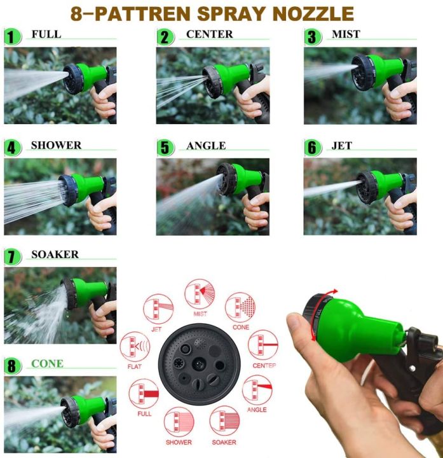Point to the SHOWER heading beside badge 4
click(56, 146)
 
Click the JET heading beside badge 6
click(341, 146)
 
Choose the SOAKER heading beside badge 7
click(55, 255)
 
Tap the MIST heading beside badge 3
click(346, 34)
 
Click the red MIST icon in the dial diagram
click(200, 294)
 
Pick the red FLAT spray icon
click(135, 347)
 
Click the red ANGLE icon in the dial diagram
click(257, 390)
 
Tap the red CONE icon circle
click(240, 307)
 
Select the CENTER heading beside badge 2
click(209, 34)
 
